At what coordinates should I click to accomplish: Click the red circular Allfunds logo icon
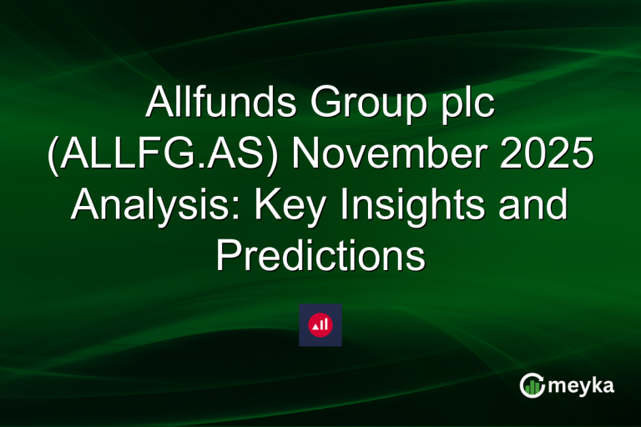click(x=320, y=324)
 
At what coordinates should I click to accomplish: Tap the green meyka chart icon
click(x=532, y=384)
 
